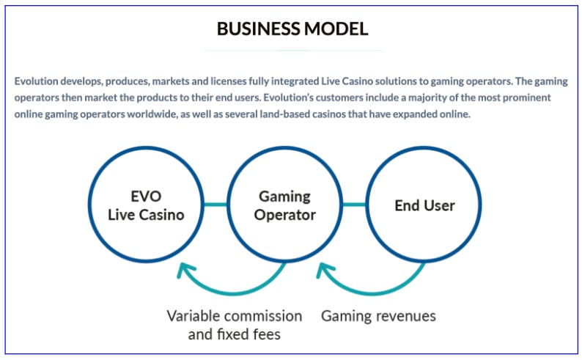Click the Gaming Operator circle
[x=284, y=205]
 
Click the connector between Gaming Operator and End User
[x=353, y=205]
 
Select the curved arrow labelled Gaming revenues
[x=374, y=283]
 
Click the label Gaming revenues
[x=378, y=316]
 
